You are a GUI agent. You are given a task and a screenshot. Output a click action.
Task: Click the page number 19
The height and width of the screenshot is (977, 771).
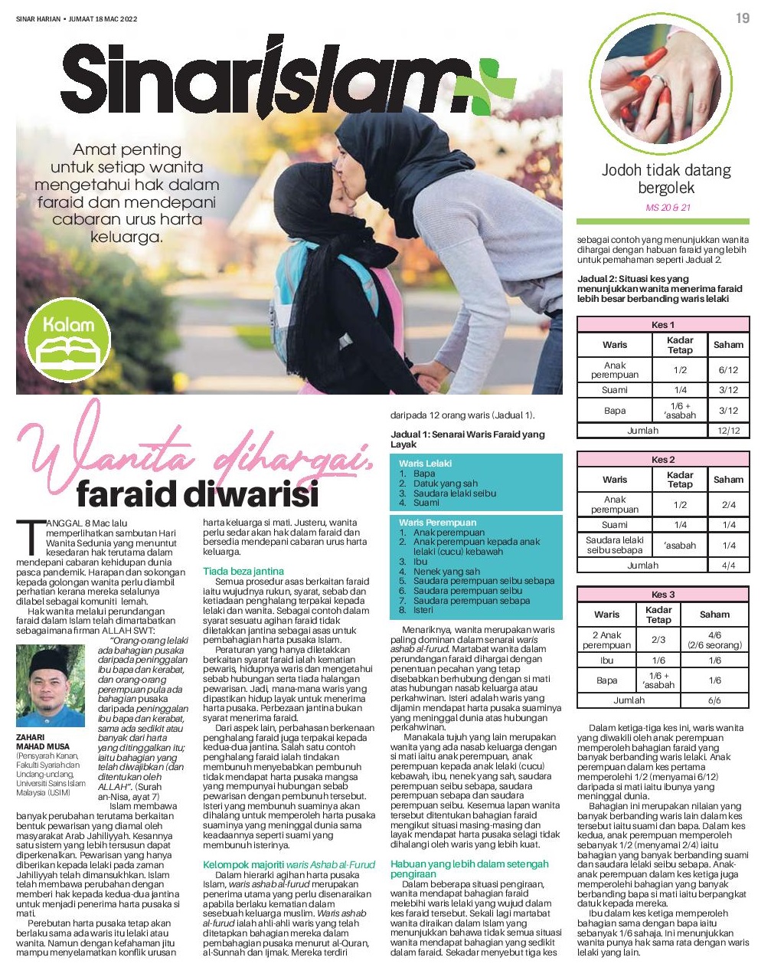(x=742, y=18)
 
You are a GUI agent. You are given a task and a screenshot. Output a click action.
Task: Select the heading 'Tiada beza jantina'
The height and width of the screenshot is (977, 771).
(x=243, y=571)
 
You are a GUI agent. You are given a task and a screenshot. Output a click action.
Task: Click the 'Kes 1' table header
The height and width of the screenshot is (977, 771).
(x=662, y=325)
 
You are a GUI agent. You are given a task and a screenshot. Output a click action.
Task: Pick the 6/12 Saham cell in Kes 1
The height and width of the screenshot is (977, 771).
(x=727, y=369)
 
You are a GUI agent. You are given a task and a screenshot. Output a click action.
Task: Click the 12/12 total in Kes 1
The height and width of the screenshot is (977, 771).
(x=727, y=431)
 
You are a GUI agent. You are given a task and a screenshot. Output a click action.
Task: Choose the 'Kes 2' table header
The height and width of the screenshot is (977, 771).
(x=662, y=460)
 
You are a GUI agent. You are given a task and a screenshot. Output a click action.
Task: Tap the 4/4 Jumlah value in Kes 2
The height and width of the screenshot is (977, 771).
(x=728, y=566)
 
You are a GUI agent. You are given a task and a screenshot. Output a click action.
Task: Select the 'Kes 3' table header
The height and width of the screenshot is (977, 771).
(x=662, y=595)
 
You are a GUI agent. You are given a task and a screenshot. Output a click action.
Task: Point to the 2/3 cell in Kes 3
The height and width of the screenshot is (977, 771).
(x=658, y=639)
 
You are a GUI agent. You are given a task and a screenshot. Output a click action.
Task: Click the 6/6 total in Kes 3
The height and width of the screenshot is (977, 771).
(x=714, y=700)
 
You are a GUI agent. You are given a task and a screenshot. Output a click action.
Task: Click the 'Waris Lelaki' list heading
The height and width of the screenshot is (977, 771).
(x=426, y=464)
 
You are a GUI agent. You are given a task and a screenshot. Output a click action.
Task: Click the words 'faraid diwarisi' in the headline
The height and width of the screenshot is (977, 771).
(x=197, y=494)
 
